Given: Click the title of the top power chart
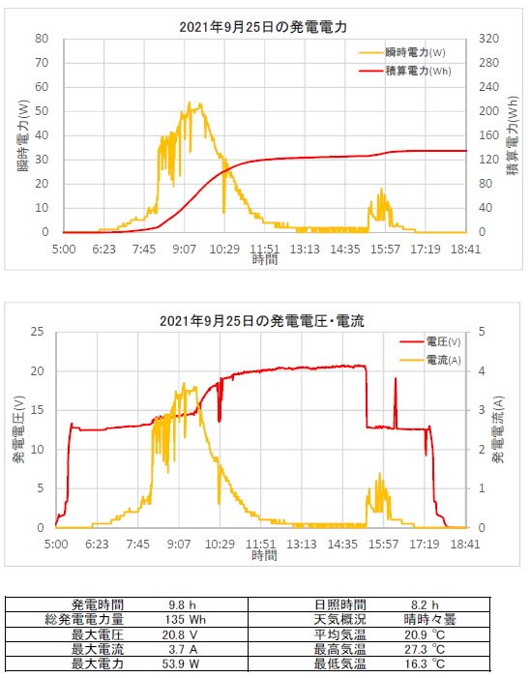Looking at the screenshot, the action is pyautogui.click(x=263, y=27).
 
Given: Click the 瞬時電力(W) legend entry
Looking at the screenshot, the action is pyautogui.click(x=415, y=53).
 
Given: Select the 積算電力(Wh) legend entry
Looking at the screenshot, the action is pyautogui.click(x=418, y=71).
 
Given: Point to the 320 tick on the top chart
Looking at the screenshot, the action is pyautogui.click(x=488, y=39).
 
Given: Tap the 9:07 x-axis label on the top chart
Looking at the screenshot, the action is pyautogui.click(x=185, y=250).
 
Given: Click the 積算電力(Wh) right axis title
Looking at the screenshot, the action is pyautogui.click(x=513, y=135).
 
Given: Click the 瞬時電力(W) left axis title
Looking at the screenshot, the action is pyautogui.click(x=23, y=135).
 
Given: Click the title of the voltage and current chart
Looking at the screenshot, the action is pyautogui.click(x=262, y=321).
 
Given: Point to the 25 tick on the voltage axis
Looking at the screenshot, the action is pyautogui.click(x=38, y=332).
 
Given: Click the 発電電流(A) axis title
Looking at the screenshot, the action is pyautogui.click(x=498, y=429).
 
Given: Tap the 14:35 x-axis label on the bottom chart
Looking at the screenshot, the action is pyautogui.click(x=342, y=544).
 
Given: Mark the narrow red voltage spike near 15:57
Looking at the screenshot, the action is pyautogui.click(x=396, y=403).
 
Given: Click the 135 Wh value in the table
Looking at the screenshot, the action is pyautogui.click(x=185, y=620).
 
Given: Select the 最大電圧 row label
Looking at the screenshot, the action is pyautogui.click(x=98, y=634).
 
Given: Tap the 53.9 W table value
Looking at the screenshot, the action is pyautogui.click(x=180, y=663).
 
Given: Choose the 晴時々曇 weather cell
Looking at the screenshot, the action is pyautogui.click(x=429, y=620).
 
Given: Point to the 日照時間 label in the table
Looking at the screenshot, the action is pyautogui.click(x=340, y=604).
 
